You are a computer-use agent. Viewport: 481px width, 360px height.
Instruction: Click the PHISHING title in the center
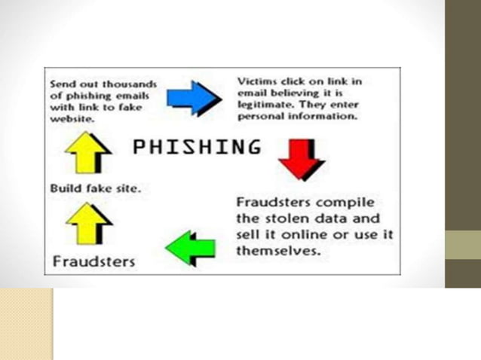(197, 146)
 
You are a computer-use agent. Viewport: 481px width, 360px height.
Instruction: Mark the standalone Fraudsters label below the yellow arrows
(93, 261)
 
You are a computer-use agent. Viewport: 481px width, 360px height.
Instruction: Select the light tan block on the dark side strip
(463, 244)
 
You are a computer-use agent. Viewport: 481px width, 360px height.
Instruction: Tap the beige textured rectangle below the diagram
(26, 323)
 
